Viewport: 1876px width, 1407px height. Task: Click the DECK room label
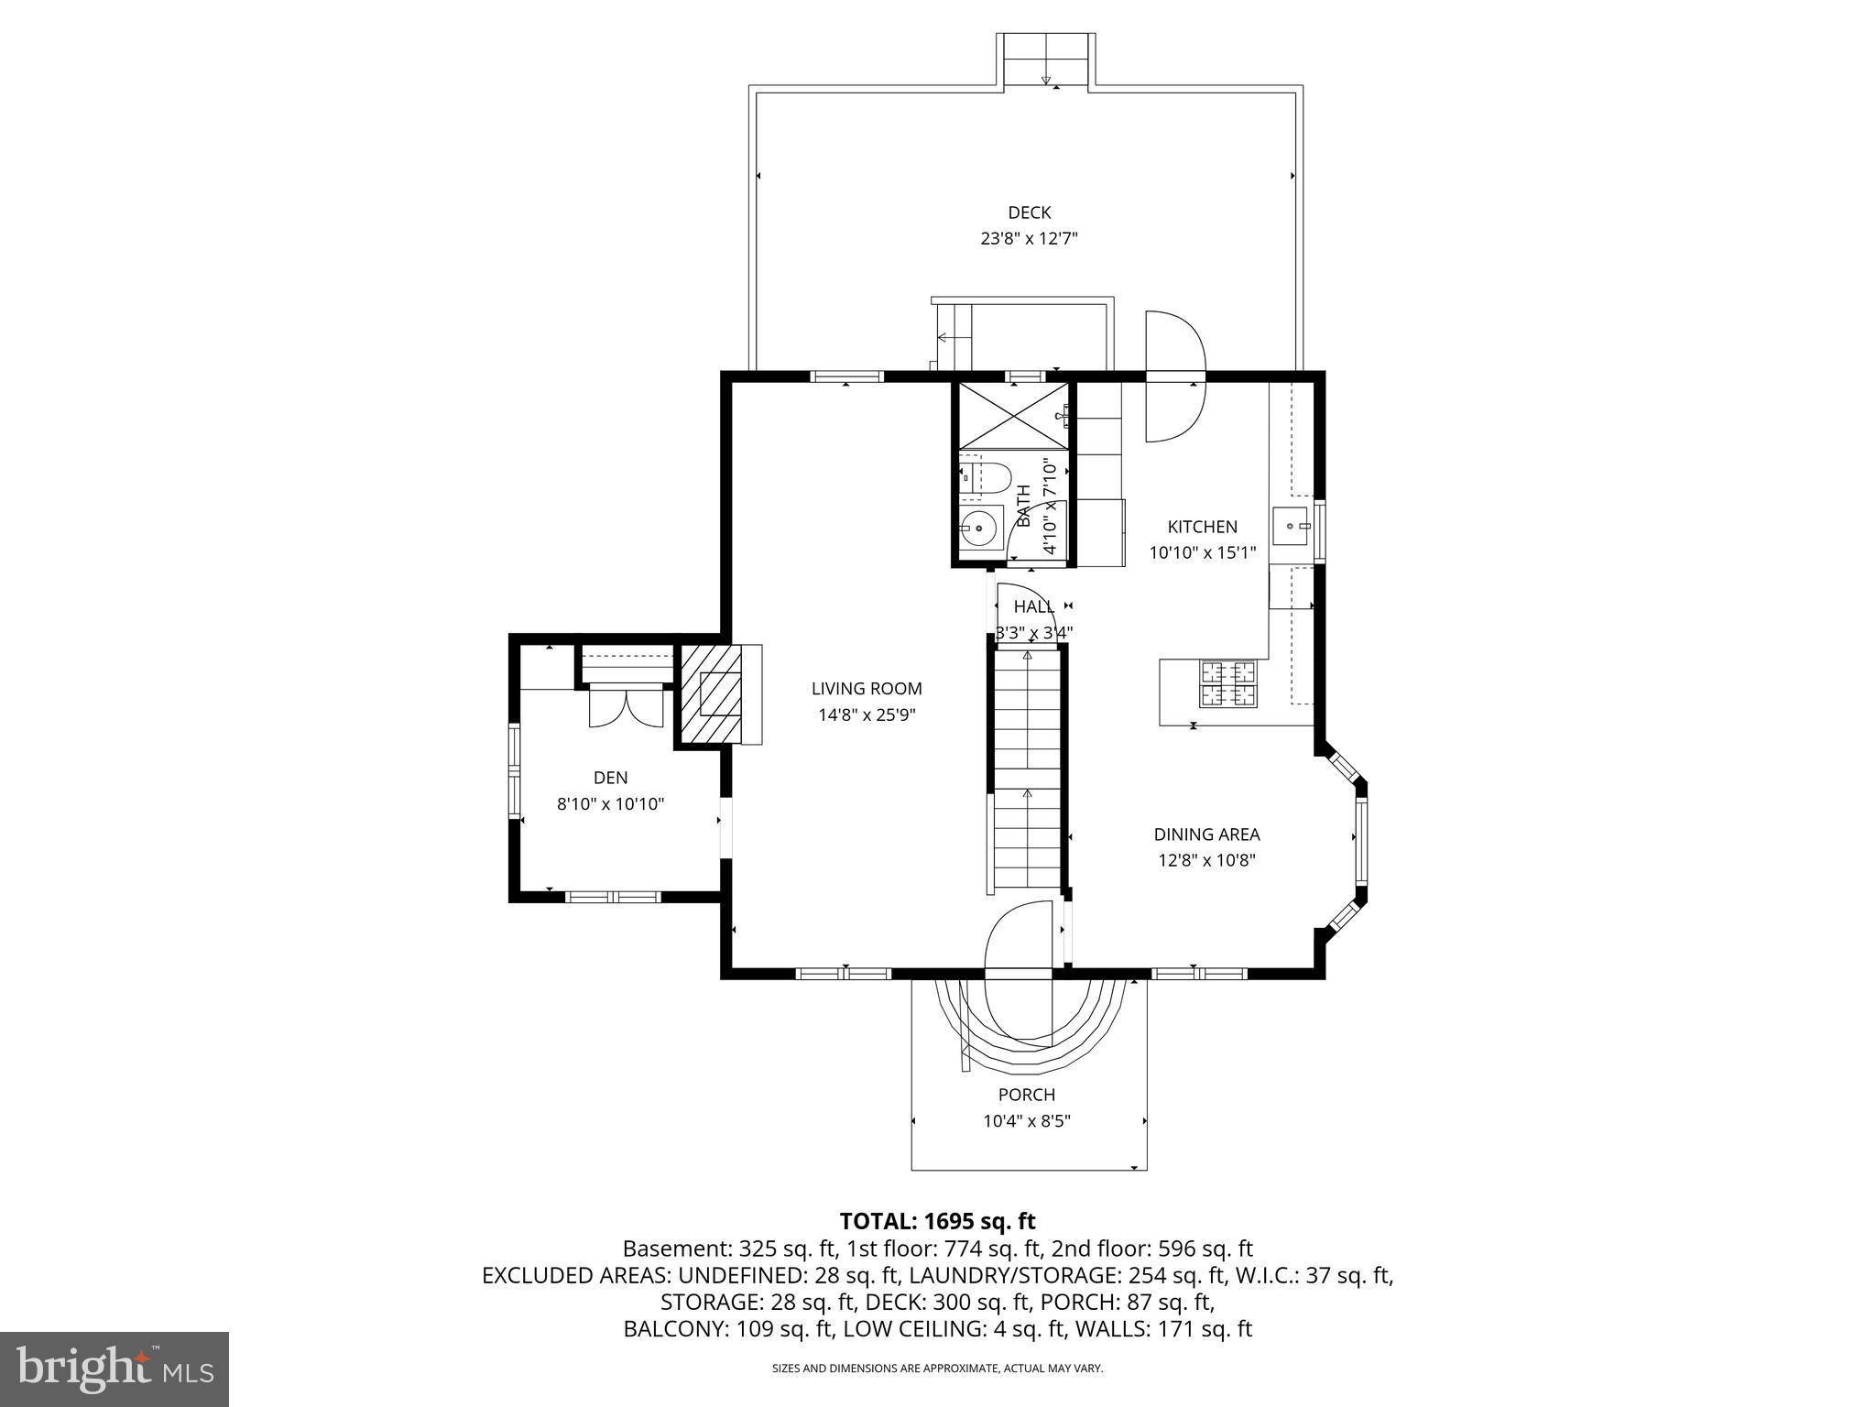click(1029, 213)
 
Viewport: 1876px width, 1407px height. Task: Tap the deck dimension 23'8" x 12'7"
click(1029, 239)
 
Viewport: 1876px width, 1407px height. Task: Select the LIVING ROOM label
click(867, 689)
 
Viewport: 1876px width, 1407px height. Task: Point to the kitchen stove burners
click(1227, 683)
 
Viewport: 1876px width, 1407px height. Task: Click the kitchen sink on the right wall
click(1292, 526)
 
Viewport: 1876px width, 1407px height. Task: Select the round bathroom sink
click(979, 528)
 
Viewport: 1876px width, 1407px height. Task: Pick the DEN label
click(610, 778)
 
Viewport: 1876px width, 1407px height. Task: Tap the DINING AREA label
click(1205, 834)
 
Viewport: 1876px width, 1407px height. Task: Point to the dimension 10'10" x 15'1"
click(1202, 552)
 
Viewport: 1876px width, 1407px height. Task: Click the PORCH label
click(1026, 1095)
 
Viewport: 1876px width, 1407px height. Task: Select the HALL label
click(1033, 606)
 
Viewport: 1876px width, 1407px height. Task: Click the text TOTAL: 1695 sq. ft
click(937, 1221)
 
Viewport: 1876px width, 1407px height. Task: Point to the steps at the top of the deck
click(1046, 60)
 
